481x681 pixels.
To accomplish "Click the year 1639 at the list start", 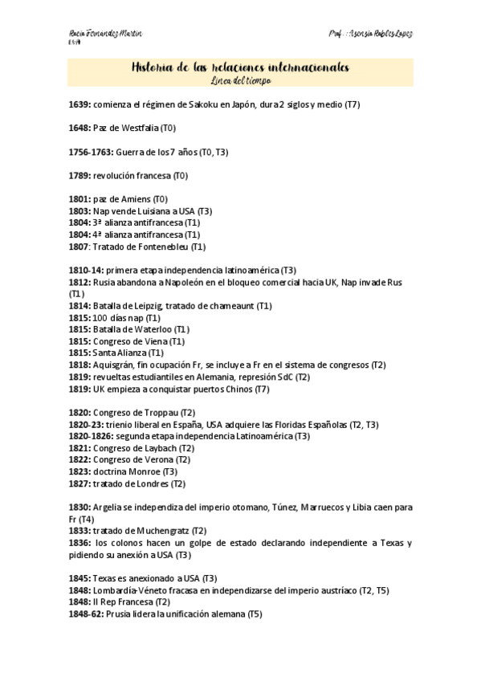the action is pyautogui.click(x=79, y=105).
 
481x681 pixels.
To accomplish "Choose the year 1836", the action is pyautogui.click(x=79, y=543).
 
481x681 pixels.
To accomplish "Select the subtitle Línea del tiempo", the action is pyautogui.click(x=240, y=81).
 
